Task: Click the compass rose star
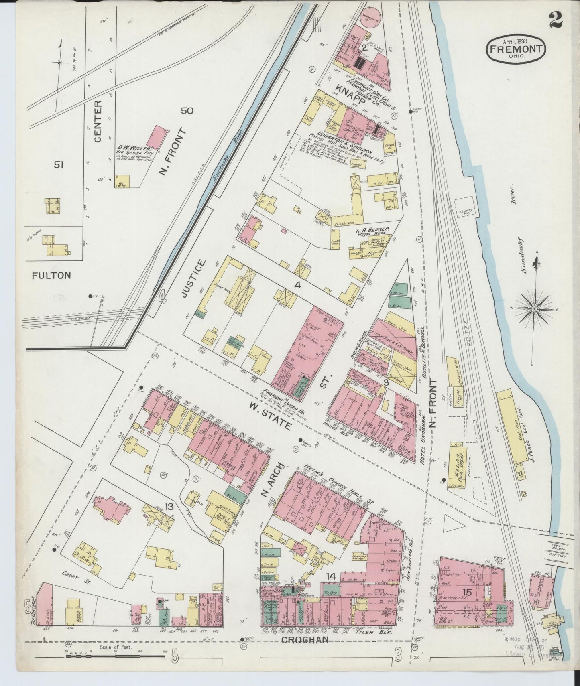(x=535, y=309)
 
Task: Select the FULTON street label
(x=51, y=275)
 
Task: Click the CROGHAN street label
(x=305, y=640)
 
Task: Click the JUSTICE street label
(x=199, y=278)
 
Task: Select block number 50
(x=187, y=110)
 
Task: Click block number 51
(x=59, y=164)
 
